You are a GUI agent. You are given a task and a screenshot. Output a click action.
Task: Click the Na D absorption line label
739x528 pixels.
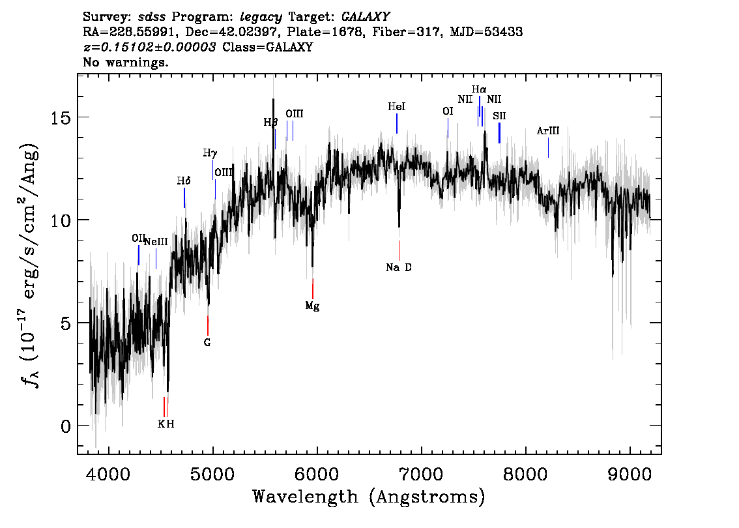398,267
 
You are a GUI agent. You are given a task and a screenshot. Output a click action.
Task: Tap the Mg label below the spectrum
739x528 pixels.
313,306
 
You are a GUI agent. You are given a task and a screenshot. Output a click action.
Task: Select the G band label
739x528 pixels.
207,342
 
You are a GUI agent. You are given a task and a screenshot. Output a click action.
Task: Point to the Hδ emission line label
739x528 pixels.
184,181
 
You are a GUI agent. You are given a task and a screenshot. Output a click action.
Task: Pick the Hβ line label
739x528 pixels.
270,122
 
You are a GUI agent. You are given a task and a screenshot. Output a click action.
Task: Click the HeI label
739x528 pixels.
396,106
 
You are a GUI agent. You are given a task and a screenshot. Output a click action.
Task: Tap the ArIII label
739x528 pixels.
548,131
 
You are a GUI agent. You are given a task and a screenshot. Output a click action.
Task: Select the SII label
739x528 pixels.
499,116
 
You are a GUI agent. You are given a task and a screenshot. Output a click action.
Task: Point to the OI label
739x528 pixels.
448,111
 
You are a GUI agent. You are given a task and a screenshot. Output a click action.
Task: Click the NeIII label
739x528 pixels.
156,242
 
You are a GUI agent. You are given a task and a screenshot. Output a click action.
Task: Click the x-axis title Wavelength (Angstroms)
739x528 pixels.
369,497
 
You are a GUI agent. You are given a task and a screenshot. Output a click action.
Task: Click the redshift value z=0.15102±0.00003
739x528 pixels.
150,48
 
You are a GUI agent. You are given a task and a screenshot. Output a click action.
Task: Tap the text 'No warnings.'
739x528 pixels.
126,63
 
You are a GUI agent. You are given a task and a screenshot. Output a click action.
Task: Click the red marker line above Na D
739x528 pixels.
399,250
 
